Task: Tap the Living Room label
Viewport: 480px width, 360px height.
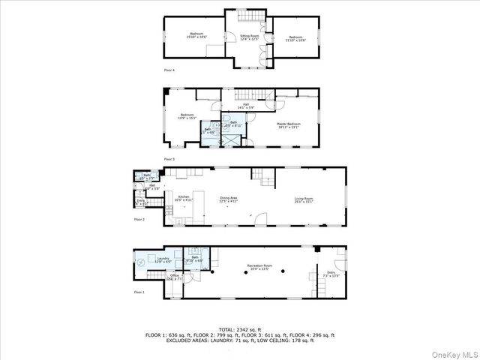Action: (x=304, y=199)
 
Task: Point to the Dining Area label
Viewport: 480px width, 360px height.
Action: (x=228, y=199)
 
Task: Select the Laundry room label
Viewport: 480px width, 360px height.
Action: (x=163, y=259)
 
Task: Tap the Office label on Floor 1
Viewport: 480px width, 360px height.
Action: (x=174, y=277)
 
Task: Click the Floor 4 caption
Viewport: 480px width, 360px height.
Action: (x=169, y=70)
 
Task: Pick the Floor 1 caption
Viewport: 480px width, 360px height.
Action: (x=139, y=292)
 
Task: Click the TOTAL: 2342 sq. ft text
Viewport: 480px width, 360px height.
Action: (x=240, y=328)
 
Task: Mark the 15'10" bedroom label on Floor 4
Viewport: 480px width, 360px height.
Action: (x=196, y=34)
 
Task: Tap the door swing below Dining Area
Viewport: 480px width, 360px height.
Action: (x=259, y=219)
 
